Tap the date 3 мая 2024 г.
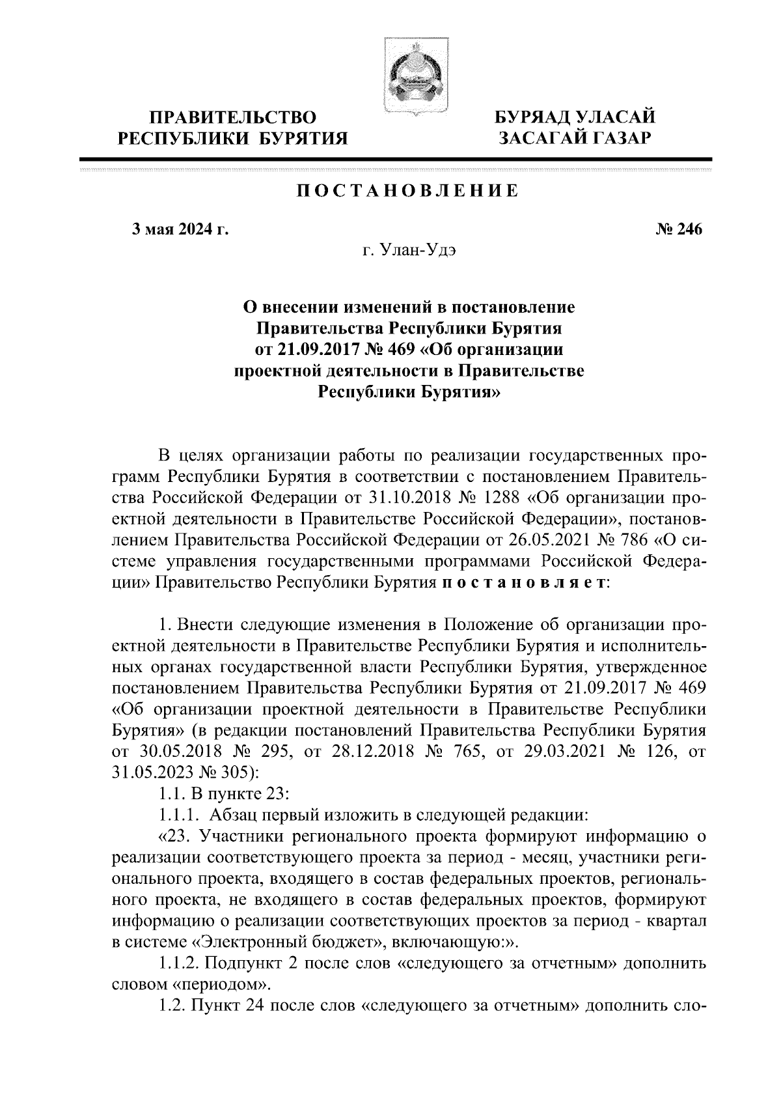pos(180,229)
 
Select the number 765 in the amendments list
pos(465,751)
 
